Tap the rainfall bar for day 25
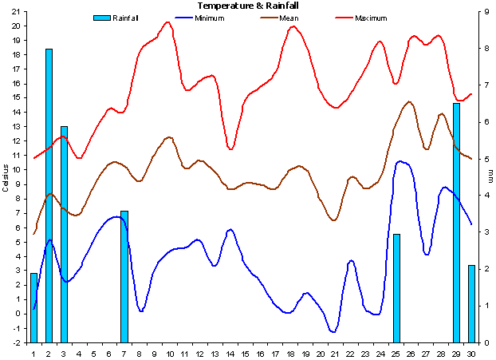point(396,287)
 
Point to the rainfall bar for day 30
point(471,303)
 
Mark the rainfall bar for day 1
point(33,307)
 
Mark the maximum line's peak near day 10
point(168,22)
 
